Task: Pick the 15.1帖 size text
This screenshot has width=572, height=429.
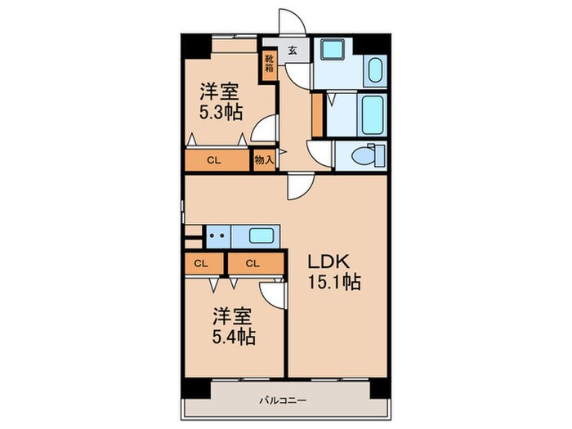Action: (334, 284)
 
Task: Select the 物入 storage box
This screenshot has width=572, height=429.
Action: (264, 160)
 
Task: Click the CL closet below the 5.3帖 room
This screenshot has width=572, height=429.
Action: (214, 160)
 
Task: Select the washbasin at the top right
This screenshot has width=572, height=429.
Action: (376, 70)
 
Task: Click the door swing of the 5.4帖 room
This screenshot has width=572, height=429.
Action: (274, 294)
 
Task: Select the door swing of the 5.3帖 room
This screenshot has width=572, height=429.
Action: (264, 131)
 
